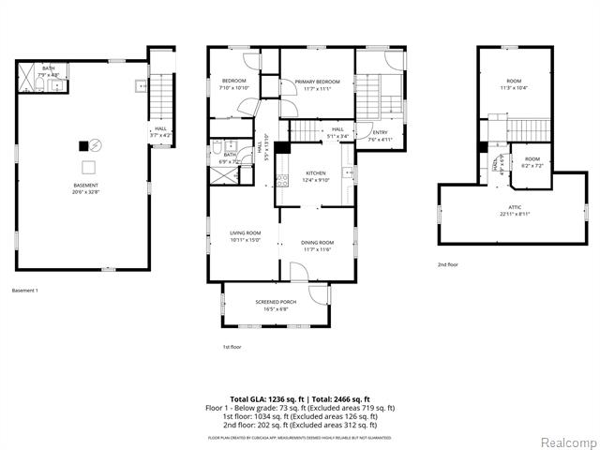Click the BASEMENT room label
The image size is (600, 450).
click(x=85, y=187)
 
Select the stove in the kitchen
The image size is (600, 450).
click(x=346, y=173)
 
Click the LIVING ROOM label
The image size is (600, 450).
click(x=245, y=235)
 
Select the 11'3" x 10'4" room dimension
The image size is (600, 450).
click(x=514, y=87)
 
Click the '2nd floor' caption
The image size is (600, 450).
click(x=447, y=264)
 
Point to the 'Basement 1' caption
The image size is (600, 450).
click(x=25, y=291)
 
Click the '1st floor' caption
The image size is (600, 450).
click(x=232, y=347)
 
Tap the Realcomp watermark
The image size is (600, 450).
click(x=564, y=441)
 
